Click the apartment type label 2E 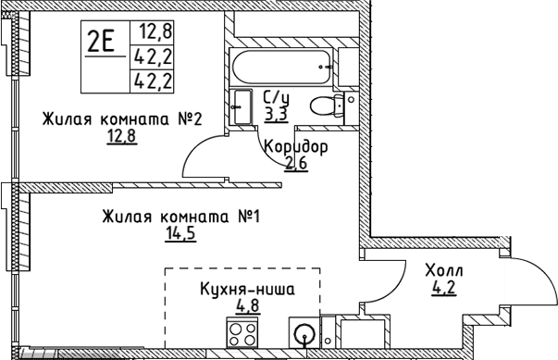[x=102, y=42]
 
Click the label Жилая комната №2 [x=120, y=119]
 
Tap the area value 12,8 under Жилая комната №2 [x=120, y=138]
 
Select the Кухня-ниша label [x=247, y=290]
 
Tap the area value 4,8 [x=247, y=306]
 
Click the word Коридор [x=295, y=148]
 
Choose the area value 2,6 [x=295, y=165]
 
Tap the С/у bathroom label [x=275, y=97]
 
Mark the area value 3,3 [x=275, y=114]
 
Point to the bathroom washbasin [x=243, y=105]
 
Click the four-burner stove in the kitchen [x=244, y=334]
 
